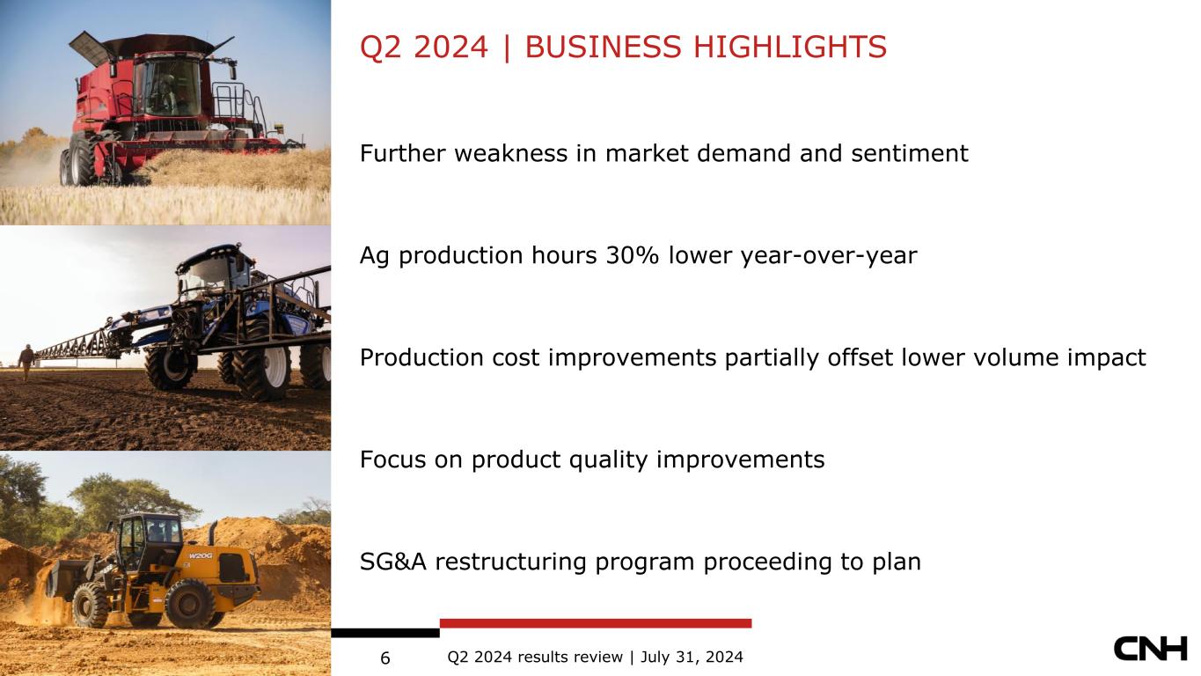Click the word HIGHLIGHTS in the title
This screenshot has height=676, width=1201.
(x=790, y=47)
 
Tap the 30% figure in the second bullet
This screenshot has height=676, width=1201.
(x=633, y=255)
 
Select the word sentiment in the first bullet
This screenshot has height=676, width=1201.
(x=910, y=153)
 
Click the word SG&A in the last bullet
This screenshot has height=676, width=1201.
(x=393, y=562)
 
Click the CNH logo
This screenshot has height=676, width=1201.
(x=1150, y=649)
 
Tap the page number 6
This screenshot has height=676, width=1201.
(x=385, y=658)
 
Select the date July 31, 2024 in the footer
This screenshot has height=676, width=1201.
(x=692, y=658)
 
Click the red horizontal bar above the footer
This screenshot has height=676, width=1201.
(x=596, y=623)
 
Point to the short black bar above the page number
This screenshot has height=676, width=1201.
(x=385, y=633)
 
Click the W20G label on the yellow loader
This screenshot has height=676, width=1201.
(x=201, y=555)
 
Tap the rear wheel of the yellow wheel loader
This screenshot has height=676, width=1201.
(x=189, y=604)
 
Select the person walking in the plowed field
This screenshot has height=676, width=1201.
(x=26, y=363)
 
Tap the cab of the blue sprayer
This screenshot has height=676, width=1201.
(x=215, y=273)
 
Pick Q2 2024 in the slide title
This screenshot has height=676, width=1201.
(x=424, y=47)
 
